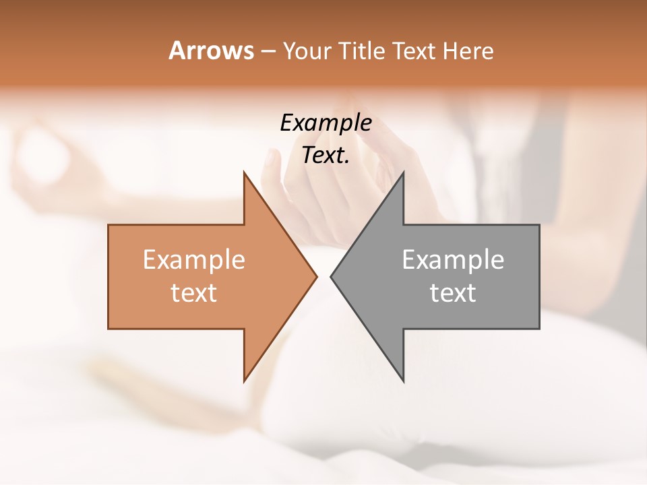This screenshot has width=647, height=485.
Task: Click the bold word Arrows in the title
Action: (x=211, y=51)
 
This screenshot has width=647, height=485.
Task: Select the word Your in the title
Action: (x=306, y=51)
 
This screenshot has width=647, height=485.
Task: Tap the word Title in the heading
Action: (x=361, y=51)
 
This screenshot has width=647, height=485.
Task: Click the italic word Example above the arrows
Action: (x=326, y=123)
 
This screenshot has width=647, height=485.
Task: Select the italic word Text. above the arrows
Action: (x=326, y=155)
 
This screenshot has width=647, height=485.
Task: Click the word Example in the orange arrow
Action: (x=193, y=259)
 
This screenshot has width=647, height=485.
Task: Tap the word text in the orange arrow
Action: (x=193, y=292)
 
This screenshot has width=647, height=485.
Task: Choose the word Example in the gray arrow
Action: (x=453, y=259)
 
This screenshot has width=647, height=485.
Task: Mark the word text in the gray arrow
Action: (x=453, y=292)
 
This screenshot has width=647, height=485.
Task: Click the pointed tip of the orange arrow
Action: (x=317, y=276)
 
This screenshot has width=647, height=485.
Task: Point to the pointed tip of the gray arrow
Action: (x=331, y=276)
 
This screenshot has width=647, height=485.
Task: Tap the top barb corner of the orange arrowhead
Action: (x=244, y=172)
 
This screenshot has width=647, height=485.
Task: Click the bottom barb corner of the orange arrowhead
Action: (x=244, y=381)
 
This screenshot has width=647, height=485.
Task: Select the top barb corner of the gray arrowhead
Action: (x=403, y=172)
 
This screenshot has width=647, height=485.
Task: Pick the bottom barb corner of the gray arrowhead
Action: (x=403, y=381)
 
